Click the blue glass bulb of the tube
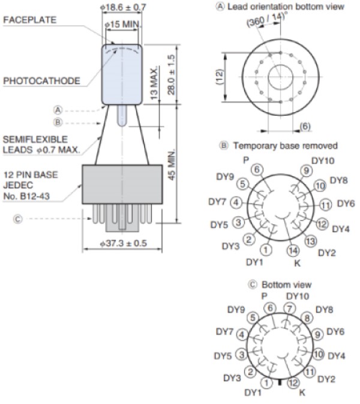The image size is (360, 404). [x=122, y=72]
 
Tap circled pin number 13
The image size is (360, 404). [x=310, y=241]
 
